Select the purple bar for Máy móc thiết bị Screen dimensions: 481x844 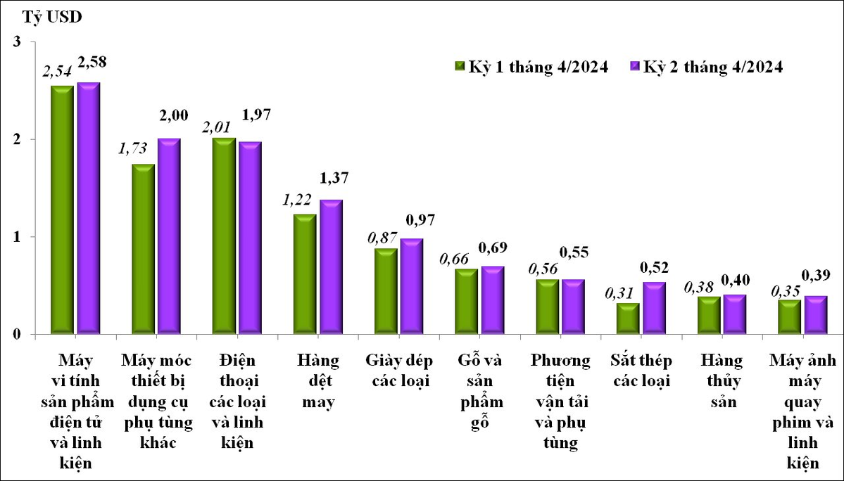[169, 236]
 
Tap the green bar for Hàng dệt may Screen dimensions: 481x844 [305, 274]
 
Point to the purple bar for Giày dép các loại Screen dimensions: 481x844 [410, 287]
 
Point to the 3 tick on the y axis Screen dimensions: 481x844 [17, 42]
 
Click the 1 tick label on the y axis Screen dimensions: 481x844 [17, 237]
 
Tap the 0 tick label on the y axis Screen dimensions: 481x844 [17, 334]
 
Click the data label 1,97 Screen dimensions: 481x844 [256, 114]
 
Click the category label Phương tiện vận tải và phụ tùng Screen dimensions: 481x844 [561, 402]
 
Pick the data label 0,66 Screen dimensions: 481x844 [453, 259]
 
